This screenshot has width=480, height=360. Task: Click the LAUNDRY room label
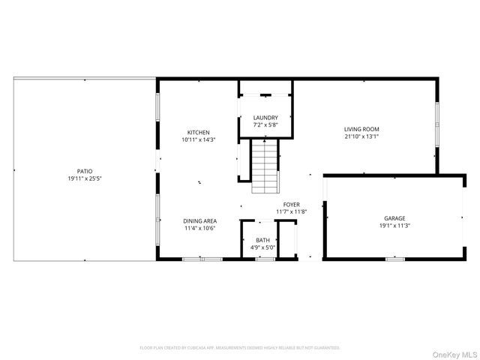tap(265, 118)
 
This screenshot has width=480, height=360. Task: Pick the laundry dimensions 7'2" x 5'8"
tap(265, 124)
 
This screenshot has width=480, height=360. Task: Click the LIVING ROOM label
tap(361, 129)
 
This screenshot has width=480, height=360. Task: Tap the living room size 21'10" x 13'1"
tap(361, 136)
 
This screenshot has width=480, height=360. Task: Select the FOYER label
tap(292, 205)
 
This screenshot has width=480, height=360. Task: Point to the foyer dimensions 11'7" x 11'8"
tap(292, 212)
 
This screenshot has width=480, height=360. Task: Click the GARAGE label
tap(394, 217)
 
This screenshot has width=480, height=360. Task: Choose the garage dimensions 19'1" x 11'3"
tap(394, 225)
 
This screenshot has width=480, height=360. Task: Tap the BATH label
tap(262, 240)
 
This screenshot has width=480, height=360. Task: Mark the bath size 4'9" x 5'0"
tap(262, 247)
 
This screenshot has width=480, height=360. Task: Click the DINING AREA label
tap(200, 221)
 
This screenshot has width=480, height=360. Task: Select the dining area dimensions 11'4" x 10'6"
tap(200, 229)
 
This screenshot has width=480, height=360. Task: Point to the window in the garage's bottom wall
tap(394, 259)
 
